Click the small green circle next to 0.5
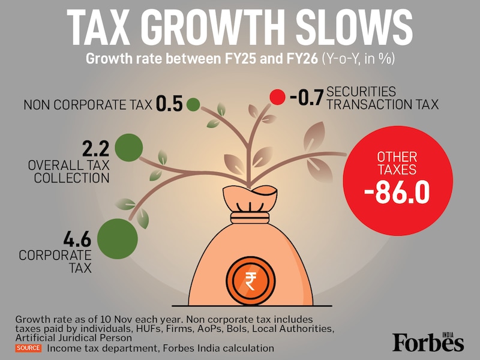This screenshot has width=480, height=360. [x=193, y=104]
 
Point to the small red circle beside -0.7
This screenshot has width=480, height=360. [x=277, y=97]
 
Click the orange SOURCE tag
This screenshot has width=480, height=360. [x=29, y=348]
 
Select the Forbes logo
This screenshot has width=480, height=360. [x=428, y=341]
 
